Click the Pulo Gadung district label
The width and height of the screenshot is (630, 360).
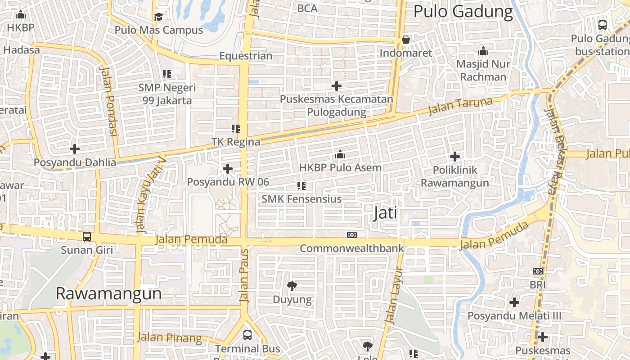pyautogui.click(x=463, y=12)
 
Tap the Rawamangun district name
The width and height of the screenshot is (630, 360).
pyautogui.click(x=108, y=293)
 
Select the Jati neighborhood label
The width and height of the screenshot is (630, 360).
pyautogui.click(x=386, y=213)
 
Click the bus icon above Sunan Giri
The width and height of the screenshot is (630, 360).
pyautogui.click(x=86, y=236)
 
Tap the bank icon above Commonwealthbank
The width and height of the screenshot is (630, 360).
pyautogui.click(x=352, y=235)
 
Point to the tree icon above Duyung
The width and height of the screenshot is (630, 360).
pyautogui.click(x=292, y=286)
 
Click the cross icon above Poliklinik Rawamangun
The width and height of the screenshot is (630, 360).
pyautogui.click(x=455, y=157)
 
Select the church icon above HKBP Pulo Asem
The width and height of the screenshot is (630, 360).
pyautogui.click(x=340, y=155)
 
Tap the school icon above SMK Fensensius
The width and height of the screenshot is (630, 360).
pyautogui.click(x=301, y=185)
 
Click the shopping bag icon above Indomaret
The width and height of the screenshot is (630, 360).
pyautogui.click(x=406, y=40)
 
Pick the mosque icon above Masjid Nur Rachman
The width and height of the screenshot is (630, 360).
pyautogui.click(x=483, y=50)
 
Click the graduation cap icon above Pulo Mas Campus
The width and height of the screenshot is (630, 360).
pyautogui.click(x=158, y=17)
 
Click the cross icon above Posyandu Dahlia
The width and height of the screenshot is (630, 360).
pyautogui.click(x=75, y=148)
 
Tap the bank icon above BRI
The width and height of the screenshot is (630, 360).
pyautogui.click(x=538, y=271)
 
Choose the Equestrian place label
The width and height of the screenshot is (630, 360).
pyautogui.click(x=246, y=56)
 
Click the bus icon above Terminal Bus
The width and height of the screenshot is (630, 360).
pyautogui.click(x=247, y=335)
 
